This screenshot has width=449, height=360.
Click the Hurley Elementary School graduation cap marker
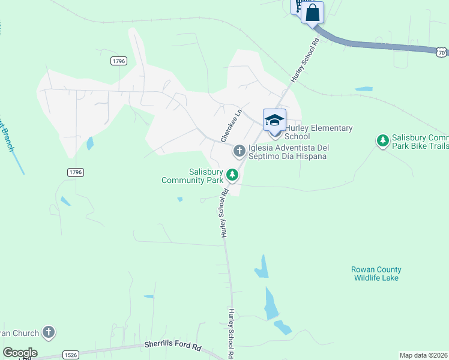[x=274, y=119]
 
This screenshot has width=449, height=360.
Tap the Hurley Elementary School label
[x=318, y=132]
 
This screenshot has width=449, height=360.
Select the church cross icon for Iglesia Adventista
[x=239, y=150]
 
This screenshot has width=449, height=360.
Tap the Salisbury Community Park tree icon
[x=232, y=175]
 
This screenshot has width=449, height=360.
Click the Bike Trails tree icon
[x=382, y=140]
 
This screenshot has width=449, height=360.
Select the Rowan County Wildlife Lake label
[x=376, y=274]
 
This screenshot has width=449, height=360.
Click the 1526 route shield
[x=71, y=355]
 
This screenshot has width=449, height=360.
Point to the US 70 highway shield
[x=441, y=53]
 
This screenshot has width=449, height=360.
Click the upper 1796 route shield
[x=118, y=61]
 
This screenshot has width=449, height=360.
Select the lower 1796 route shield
[x=75, y=172]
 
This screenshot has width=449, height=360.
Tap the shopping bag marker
[x=313, y=13]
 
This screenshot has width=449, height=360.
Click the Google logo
[x=20, y=352]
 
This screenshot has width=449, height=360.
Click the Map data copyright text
[x=424, y=355]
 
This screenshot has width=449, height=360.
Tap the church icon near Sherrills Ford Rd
[x=49, y=332]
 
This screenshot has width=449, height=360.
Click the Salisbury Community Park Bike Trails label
[x=420, y=142]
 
